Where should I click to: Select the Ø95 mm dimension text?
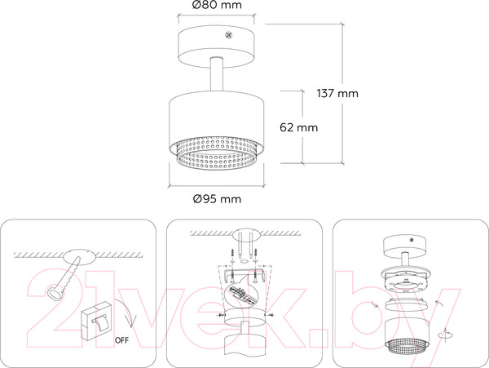point(218,199)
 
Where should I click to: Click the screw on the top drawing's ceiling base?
point(229,34)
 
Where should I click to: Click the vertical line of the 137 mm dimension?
point(341,93)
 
